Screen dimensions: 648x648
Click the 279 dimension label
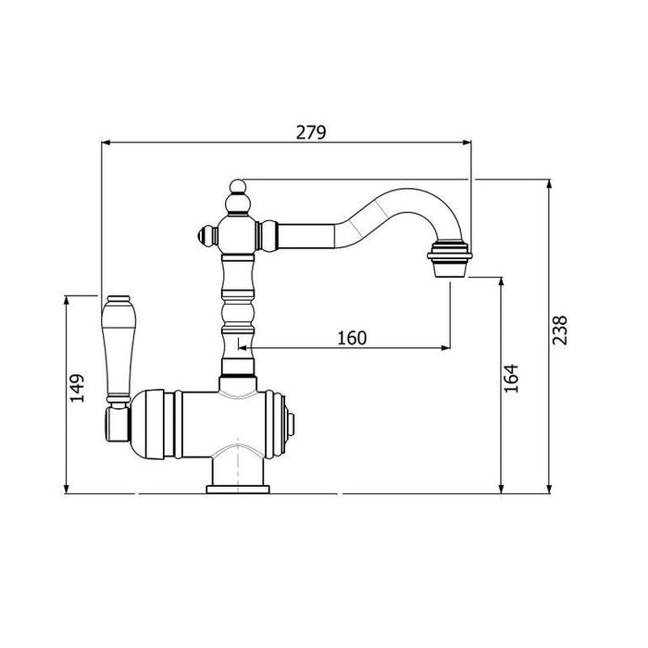click(311, 132)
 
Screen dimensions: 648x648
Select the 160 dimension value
click(353, 338)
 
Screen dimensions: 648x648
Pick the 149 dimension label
click(79, 388)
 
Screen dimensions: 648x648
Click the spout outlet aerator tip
click(450, 255)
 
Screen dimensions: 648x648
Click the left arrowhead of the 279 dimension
click(105, 143)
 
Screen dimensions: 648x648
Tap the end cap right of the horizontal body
click(293, 423)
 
